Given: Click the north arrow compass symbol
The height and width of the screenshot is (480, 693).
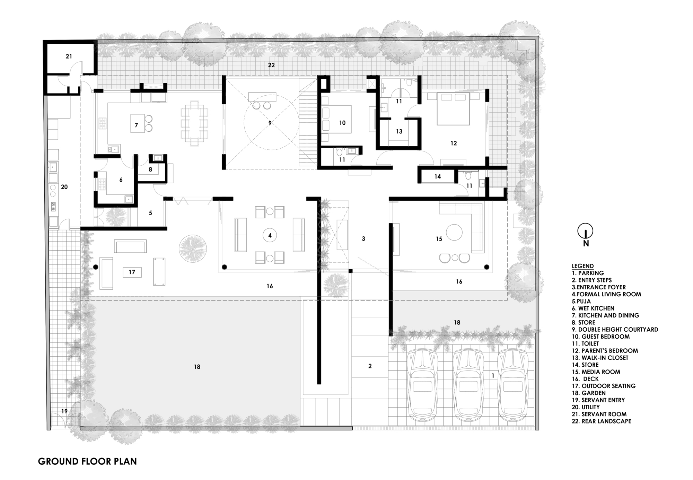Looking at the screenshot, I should click(x=585, y=231).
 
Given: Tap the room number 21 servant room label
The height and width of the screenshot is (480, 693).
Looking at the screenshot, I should click(x=69, y=56).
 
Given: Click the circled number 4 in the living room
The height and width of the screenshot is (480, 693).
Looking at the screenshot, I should click(x=270, y=236).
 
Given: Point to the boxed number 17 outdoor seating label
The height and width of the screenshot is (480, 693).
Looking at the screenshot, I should click(x=132, y=272).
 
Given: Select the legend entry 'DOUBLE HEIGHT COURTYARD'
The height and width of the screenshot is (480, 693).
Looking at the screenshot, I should click(x=618, y=330).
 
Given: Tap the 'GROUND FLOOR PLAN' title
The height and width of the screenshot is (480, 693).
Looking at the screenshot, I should click(x=87, y=462).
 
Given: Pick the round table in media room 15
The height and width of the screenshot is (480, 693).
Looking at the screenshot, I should click(x=454, y=232).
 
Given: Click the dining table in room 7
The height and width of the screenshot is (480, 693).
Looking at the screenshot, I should click(x=194, y=122).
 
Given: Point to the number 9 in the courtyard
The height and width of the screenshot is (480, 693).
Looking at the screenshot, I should click(x=270, y=123).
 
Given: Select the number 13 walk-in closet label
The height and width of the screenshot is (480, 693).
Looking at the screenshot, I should click(x=399, y=132).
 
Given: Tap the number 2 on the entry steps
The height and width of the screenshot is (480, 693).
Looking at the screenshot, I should click(x=370, y=366).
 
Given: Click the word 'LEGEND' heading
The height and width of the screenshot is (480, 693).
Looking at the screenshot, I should click(x=582, y=266).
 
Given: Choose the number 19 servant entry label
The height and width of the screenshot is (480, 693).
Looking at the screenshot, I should click(x=64, y=411).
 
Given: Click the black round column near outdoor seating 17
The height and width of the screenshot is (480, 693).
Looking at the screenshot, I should click(x=96, y=267).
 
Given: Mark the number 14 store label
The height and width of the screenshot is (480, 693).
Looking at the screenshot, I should click(x=438, y=177).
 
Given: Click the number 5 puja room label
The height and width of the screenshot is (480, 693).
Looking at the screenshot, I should click(x=150, y=213).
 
